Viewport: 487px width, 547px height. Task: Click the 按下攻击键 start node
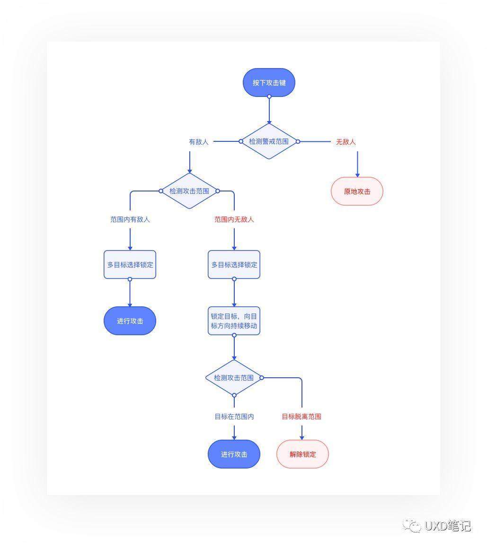[269, 82]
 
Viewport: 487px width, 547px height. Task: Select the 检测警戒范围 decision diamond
[269, 141]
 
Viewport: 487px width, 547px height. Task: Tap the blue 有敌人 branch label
[199, 142]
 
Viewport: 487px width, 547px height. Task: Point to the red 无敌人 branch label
[345, 142]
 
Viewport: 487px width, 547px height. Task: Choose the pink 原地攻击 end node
[357, 191]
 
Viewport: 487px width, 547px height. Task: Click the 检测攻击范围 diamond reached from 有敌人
[189, 191]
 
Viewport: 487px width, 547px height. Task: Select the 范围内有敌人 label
[130, 219]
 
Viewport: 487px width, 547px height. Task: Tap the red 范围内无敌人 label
[234, 219]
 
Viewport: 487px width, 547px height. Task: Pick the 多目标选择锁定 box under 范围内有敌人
[130, 264]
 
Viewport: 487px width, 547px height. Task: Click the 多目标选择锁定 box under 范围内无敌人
[234, 264]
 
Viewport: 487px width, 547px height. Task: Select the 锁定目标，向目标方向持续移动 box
[234, 321]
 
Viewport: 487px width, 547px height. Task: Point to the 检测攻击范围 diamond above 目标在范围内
[234, 377]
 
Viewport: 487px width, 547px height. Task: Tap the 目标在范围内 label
[234, 417]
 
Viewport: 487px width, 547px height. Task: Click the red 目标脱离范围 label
[301, 417]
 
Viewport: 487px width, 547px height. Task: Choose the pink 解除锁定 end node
[302, 454]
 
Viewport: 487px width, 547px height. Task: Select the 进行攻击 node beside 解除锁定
[234, 454]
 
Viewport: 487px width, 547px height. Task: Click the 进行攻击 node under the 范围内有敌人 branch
[130, 321]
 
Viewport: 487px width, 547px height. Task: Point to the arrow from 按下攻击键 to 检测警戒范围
[269, 110]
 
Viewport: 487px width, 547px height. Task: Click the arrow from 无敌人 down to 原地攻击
[357, 165]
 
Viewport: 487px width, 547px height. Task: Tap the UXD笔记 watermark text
[448, 526]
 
